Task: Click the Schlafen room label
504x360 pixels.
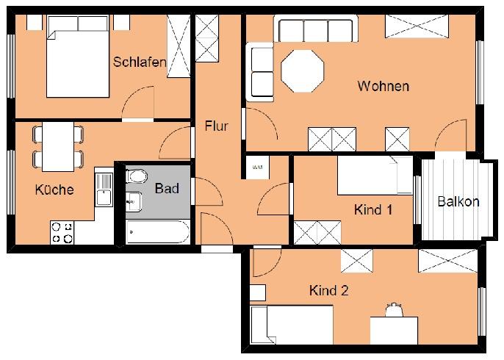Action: coord(140,62)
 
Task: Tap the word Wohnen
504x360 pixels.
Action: coord(383,87)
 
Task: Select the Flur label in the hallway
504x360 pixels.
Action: coord(216,126)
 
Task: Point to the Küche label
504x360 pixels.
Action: coord(54,190)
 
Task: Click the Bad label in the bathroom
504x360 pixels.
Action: coord(167,188)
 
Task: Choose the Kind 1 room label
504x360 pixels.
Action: coord(373,210)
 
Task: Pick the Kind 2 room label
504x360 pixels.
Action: coord(328,290)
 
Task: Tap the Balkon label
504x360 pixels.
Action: coord(458,202)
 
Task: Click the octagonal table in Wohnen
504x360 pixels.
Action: coord(303,71)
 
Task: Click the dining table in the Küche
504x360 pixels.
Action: coord(57,146)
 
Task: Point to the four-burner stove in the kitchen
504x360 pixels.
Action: coord(62,233)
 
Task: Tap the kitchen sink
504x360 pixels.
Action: coord(103,189)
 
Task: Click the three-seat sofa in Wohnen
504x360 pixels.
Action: coord(313,30)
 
